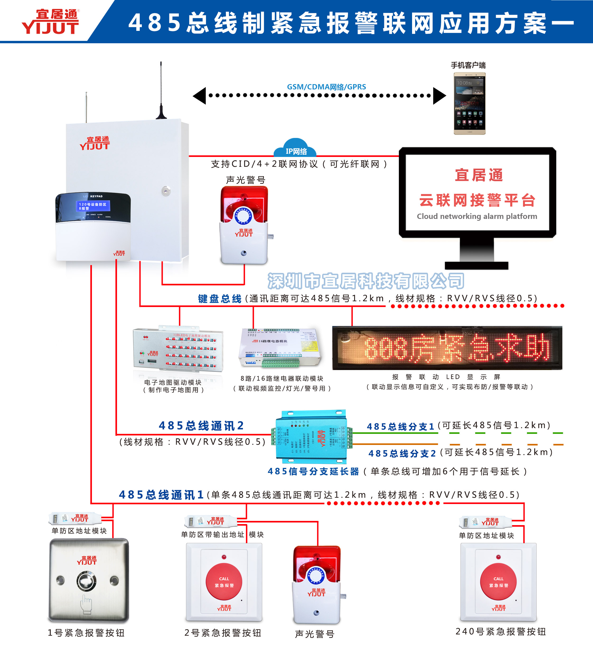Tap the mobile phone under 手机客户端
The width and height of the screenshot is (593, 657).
pyautogui.click(x=469, y=103)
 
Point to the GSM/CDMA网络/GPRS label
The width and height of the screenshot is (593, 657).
pyautogui.click(x=326, y=87)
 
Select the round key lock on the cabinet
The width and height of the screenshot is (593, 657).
pyautogui.click(x=166, y=191)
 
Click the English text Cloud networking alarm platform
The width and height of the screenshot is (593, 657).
pyautogui.click(x=477, y=216)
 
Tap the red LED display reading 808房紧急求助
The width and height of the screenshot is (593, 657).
pyautogui.click(x=447, y=348)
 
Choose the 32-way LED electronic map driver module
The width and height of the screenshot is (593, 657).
pyautogui.click(x=178, y=349)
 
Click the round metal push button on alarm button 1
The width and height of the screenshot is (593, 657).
pyautogui.click(x=87, y=582)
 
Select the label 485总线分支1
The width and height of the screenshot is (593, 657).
pyautogui.click(x=400, y=426)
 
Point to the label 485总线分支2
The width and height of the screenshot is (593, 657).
pyautogui.click(x=402, y=453)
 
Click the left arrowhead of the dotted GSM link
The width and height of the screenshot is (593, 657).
pyautogui.click(x=200, y=96)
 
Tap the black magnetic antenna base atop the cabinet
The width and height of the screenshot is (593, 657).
pyautogui.click(x=161, y=115)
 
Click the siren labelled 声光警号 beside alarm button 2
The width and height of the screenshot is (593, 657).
pyautogui.click(x=316, y=585)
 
